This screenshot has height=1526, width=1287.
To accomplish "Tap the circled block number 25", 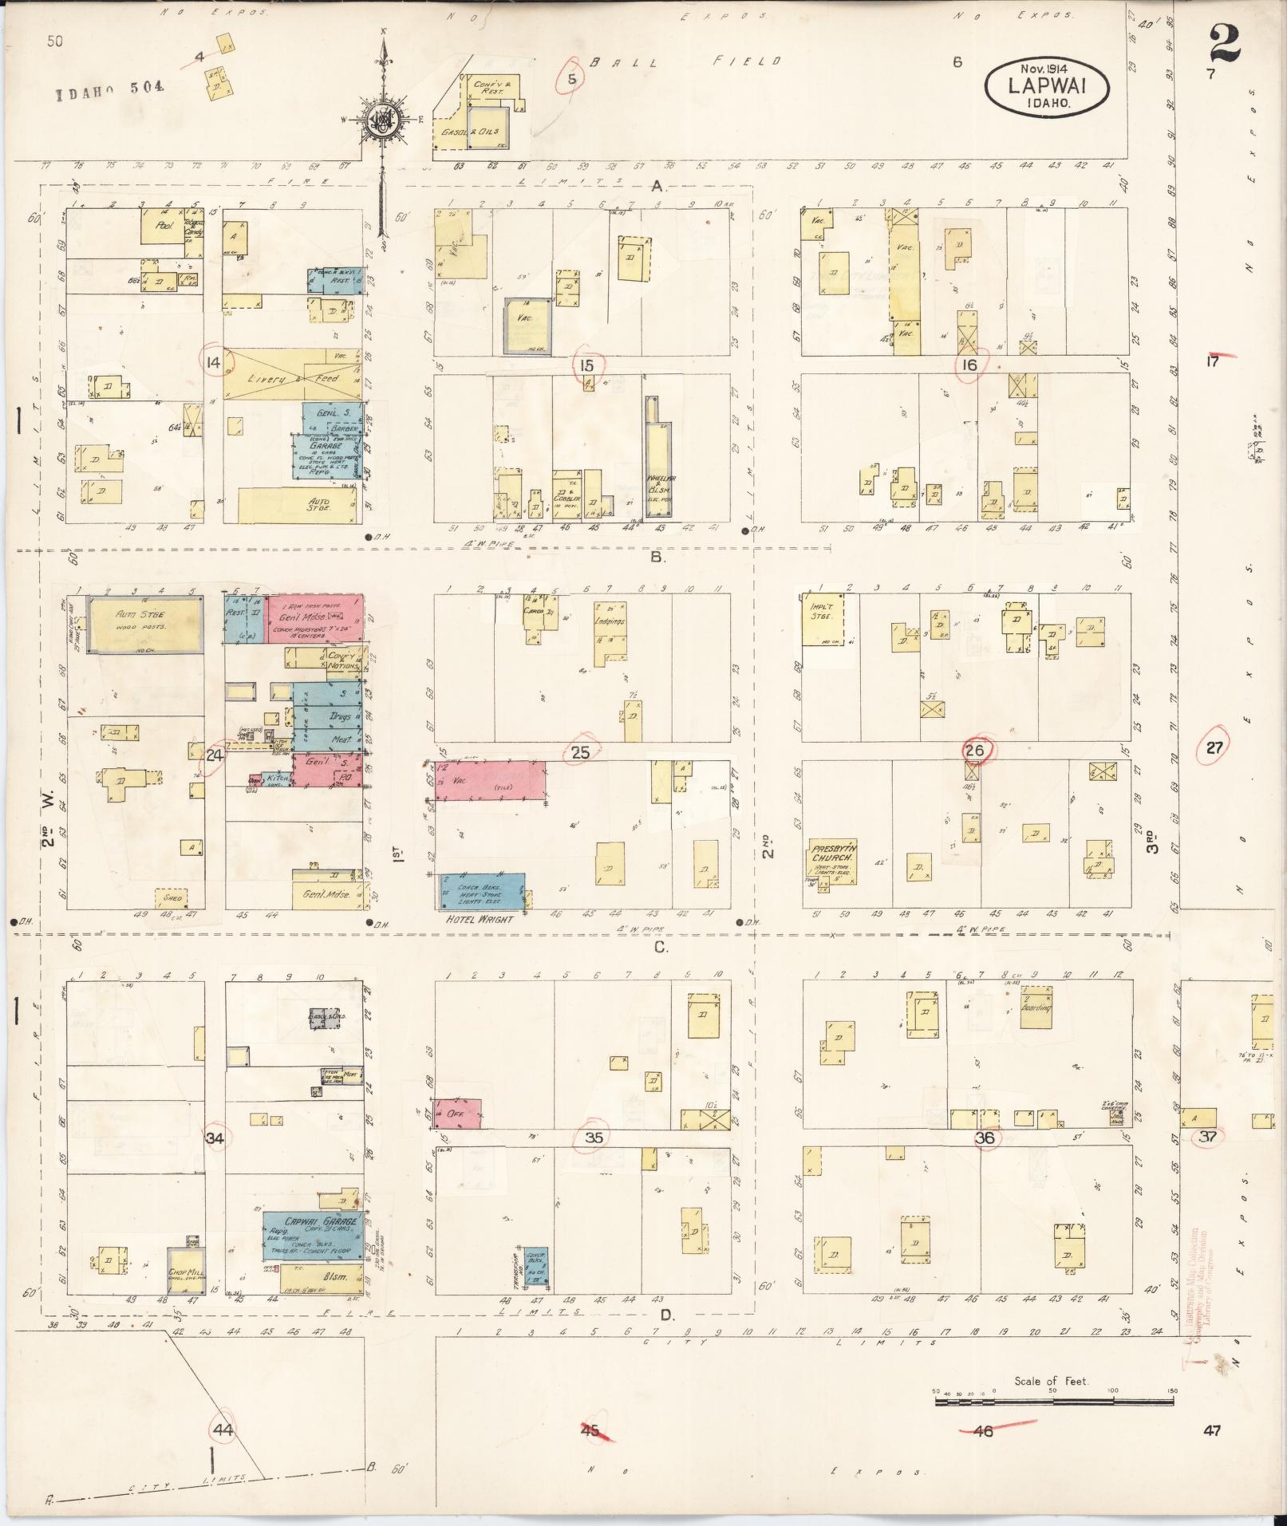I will click(x=580, y=751).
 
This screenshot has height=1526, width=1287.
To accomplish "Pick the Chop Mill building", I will click(x=187, y=1272).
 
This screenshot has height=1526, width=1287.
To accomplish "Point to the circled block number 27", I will click(x=1214, y=748).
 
